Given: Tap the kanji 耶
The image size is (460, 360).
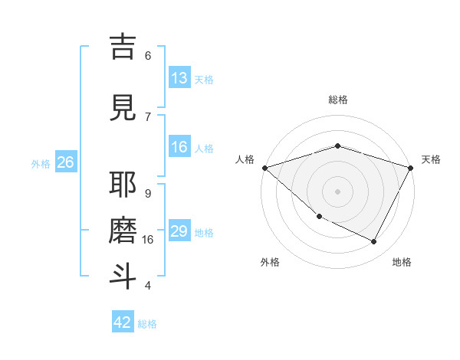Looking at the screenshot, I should (x=123, y=185).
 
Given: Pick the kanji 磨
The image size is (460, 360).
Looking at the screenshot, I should (x=123, y=231).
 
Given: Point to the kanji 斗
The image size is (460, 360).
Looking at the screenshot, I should (x=123, y=277).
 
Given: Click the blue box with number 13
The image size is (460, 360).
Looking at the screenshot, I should (x=179, y=78).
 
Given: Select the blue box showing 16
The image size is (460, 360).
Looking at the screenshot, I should (x=179, y=147).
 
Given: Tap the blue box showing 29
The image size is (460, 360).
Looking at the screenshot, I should (x=179, y=231).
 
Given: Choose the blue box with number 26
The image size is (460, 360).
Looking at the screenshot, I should (x=65, y=162).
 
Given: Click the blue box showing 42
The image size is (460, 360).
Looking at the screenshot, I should (x=123, y=322).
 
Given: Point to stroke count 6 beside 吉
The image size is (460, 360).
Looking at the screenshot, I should (x=148, y=55).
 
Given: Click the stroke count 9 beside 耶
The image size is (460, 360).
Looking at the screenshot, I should (x=148, y=193).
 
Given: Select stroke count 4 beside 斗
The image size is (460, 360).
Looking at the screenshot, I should (x=148, y=285).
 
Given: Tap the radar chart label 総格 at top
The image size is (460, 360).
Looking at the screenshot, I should (x=338, y=100).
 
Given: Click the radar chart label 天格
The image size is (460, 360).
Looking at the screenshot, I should (x=431, y=159).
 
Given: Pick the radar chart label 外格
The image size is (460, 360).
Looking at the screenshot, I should (x=270, y=262).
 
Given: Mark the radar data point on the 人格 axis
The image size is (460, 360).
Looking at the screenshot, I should (x=264, y=168).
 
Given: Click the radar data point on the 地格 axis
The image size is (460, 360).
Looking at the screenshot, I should (x=374, y=242).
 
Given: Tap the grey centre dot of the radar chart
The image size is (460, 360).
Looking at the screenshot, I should (x=338, y=191).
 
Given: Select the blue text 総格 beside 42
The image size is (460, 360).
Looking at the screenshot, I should (x=147, y=324).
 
